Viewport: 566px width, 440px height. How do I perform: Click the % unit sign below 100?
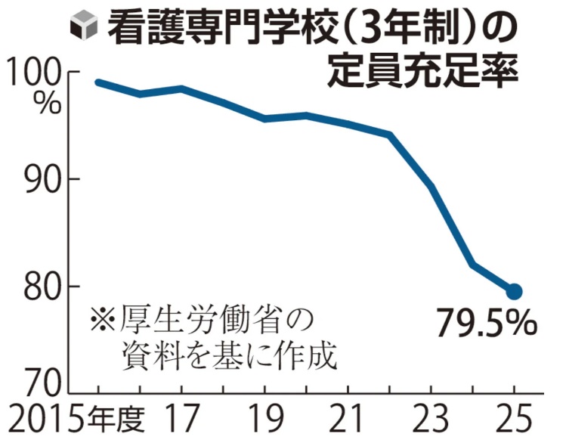47,104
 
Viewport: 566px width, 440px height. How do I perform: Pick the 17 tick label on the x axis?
181,418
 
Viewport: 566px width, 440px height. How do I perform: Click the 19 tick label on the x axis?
265,418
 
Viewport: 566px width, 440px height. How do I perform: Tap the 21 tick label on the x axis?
349,418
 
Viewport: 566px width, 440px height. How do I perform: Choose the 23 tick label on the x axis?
431,418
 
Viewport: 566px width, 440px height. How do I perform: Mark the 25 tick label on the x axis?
514,418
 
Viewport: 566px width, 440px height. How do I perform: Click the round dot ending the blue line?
514,291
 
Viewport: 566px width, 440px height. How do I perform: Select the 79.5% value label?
487,324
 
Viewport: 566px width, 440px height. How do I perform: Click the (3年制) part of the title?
401,29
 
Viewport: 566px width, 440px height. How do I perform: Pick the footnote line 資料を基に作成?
227,355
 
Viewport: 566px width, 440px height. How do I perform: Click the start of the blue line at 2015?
98,82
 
